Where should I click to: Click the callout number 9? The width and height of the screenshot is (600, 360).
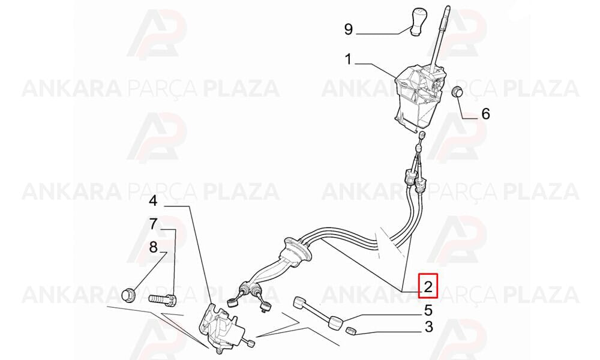click(x=348, y=29)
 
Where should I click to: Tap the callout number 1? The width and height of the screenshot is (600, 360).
click(x=348, y=59)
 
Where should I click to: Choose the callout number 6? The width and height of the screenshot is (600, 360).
click(x=485, y=113)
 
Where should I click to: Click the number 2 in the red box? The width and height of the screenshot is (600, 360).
click(x=428, y=286)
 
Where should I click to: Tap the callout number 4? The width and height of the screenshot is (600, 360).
click(x=153, y=200)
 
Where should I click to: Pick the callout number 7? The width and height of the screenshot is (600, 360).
click(x=153, y=224)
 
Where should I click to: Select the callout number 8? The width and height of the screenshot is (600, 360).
click(x=153, y=247)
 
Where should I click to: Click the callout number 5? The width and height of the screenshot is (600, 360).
click(x=428, y=310)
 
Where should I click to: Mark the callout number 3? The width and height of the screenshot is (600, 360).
click(x=428, y=327)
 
